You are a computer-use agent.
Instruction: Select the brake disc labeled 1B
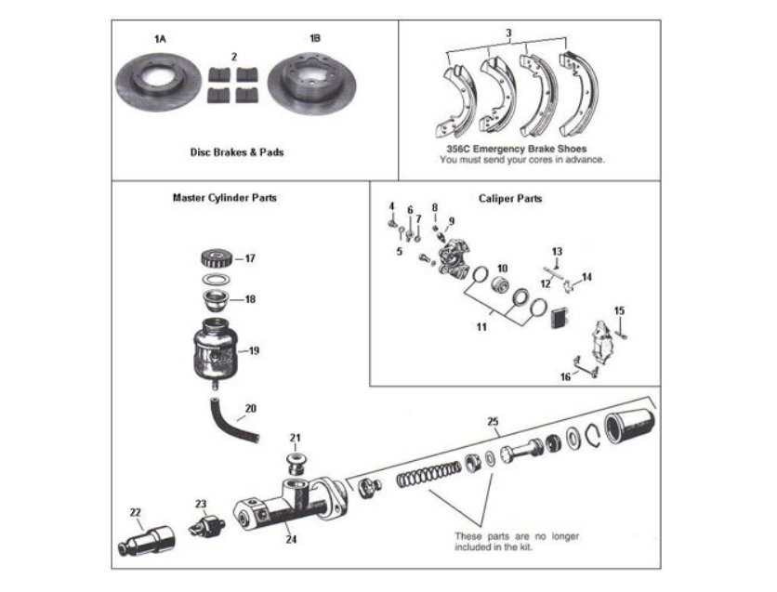pos(313,87)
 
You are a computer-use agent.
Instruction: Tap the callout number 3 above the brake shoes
pos(507,33)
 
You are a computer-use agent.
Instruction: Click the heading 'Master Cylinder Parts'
pos(224,198)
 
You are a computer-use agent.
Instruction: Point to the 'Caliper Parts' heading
pos(510,198)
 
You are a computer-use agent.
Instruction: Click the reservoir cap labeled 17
pos(217,259)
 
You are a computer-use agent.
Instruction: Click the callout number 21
pos(295,437)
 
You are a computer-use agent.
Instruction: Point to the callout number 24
pos(291,538)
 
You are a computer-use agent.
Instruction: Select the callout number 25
pos(493,420)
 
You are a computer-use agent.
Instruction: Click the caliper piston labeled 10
pos(502,285)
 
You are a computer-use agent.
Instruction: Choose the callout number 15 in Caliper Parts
pos(619,310)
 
